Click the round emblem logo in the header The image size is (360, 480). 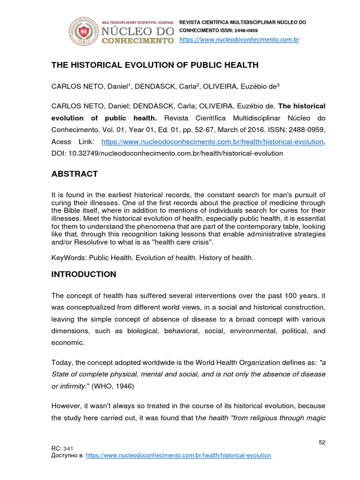point(84,32)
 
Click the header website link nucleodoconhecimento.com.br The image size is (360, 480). point(240,39)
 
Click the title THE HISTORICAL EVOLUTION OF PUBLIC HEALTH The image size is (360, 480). point(155,65)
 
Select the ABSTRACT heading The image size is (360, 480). point(75,174)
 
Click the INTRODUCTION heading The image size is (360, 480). point(83,274)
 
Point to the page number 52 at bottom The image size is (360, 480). point(322,442)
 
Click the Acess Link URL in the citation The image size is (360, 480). point(212,142)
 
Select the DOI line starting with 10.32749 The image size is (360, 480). point(167,153)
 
